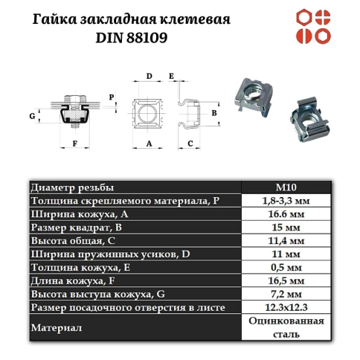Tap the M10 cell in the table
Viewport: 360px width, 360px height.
coord(286,187)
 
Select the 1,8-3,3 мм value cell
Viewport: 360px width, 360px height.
coord(286,201)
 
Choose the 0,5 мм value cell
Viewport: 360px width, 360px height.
coord(286,268)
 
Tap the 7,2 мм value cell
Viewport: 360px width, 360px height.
coord(286,295)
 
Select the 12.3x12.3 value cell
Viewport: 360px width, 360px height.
coord(286,308)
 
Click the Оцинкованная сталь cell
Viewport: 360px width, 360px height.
coord(286,327)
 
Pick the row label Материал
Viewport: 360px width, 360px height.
coord(54,327)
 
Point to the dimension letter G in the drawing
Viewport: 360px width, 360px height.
coord(32,116)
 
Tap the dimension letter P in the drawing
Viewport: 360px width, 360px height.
coord(112,97)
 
